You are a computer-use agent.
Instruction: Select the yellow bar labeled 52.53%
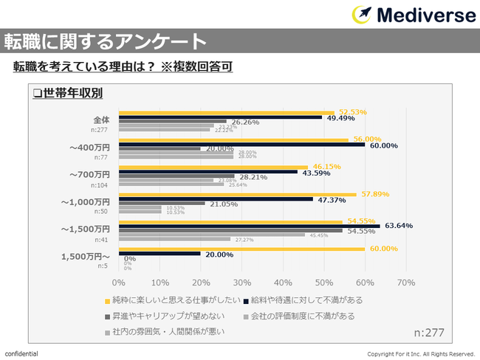point(226,113)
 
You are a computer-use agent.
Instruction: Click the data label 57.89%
point(373,194)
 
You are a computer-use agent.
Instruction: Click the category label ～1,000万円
point(86,201)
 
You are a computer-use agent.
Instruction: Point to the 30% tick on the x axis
point(241,282)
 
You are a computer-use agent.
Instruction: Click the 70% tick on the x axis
point(406,282)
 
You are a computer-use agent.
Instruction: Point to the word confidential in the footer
point(21,353)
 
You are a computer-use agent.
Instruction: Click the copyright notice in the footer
point(421,354)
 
